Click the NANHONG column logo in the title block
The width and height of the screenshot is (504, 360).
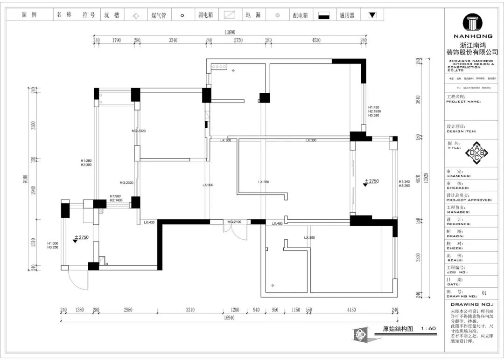coord(473,23)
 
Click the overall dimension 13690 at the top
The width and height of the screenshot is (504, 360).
coord(229,32)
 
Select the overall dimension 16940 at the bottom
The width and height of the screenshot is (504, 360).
coord(229,318)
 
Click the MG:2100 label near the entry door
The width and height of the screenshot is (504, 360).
coord(234,222)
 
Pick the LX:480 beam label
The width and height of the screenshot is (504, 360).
coord(277,223)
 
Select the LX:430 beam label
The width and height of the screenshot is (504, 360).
coord(149,222)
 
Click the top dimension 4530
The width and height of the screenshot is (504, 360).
coord(316,41)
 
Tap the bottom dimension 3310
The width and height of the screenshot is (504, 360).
coord(190,310)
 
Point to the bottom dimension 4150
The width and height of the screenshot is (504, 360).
coord(351,310)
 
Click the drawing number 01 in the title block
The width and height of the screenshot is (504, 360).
coord(484,293)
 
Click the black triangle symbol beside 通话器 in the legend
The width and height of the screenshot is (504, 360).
coord(372,15)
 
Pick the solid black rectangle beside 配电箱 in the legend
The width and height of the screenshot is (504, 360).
coord(324,15)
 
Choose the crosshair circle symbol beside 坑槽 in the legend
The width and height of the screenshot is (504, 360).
coord(136,15)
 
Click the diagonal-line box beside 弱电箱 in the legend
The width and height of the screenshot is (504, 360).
coord(229,15)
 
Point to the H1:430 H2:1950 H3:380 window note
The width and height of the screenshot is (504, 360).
coord(374,111)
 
